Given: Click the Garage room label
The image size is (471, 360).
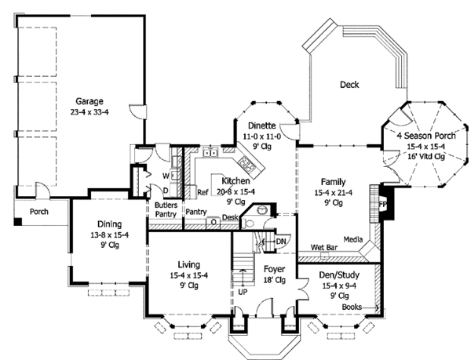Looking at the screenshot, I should click(90, 101).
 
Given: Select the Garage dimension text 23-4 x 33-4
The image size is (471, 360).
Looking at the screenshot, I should click(90, 112).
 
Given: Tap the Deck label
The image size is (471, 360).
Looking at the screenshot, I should click(349, 85).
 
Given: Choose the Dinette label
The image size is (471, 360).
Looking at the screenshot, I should click(261, 124).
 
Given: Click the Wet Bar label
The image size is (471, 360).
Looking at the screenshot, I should click(324, 247).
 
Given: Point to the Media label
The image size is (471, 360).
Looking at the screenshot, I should click(352, 238).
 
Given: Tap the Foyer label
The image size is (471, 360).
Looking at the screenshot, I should click(274, 270).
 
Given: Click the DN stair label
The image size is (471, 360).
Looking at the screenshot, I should click(281, 242).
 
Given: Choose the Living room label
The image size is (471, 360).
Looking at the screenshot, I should click(188, 264).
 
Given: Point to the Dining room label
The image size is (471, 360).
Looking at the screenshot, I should click(109, 222).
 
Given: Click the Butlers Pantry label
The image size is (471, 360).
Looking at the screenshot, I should click(164, 208).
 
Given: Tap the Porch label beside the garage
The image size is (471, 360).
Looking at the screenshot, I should click(39, 212).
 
